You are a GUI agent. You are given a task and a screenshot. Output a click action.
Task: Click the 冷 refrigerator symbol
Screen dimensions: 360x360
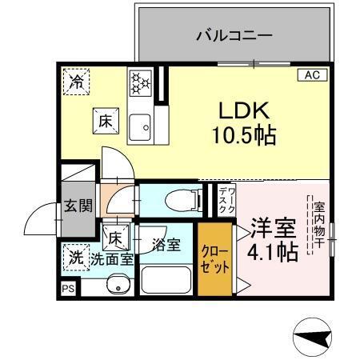tap(77, 81)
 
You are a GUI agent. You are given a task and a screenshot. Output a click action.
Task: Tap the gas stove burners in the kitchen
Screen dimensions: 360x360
tap(140, 82)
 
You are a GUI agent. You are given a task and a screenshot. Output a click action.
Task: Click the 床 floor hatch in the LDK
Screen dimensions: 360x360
tap(106, 122)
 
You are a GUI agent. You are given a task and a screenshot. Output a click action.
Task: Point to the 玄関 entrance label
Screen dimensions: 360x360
tap(78, 205)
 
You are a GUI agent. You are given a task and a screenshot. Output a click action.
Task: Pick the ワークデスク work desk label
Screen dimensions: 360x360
tap(226, 200)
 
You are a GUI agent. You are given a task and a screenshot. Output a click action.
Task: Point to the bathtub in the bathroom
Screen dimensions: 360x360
tap(166, 282)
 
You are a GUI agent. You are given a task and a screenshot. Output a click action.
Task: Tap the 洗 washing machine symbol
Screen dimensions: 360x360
tap(76, 257)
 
